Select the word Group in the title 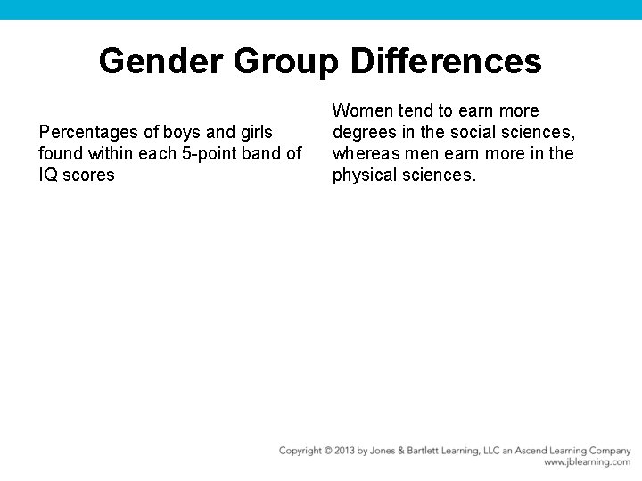pos(286,61)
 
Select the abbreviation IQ pos(48,175)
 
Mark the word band pos(263,153)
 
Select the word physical pos(363,175)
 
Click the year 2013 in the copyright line pos(344,451)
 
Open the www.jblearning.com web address pos(587,463)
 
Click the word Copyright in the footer pos(300,451)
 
